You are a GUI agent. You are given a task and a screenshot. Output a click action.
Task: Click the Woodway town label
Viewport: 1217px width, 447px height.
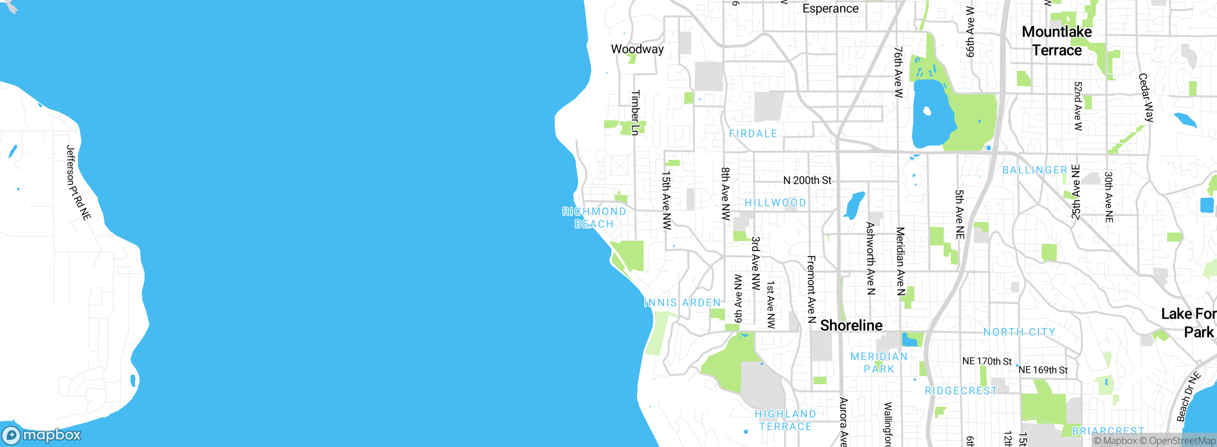click(637, 49)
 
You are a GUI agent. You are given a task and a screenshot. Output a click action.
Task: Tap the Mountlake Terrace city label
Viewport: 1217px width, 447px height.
click(1057, 41)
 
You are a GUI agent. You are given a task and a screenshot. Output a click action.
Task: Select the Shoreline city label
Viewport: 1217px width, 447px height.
click(851, 326)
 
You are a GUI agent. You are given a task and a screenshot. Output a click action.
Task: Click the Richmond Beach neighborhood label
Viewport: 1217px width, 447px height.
click(594, 218)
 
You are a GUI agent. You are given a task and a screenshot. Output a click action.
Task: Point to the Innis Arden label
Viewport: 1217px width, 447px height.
click(682, 303)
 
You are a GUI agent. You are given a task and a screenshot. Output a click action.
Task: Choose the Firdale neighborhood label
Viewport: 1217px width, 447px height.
click(753, 134)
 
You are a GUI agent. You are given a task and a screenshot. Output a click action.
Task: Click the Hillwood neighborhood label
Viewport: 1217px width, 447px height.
click(775, 203)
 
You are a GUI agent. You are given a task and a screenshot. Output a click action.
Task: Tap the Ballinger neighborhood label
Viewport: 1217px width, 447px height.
click(1034, 170)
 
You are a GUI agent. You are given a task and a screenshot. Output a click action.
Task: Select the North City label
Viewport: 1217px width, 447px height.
click(1019, 332)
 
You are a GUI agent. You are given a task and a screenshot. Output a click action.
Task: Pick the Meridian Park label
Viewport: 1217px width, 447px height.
click(879, 362)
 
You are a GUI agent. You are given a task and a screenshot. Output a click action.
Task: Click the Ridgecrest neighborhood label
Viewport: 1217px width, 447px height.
click(961, 391)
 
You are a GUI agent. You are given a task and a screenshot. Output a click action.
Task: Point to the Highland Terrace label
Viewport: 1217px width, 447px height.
click(785, 420)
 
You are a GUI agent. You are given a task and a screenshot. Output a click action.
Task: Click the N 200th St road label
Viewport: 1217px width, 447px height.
click(807, 181)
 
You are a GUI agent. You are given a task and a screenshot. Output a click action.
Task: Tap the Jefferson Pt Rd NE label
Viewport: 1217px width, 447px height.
click(78, 183)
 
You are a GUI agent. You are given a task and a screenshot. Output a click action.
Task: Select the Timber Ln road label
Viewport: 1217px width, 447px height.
click(635, 113)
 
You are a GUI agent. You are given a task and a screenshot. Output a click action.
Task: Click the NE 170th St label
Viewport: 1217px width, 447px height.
click(987, 361)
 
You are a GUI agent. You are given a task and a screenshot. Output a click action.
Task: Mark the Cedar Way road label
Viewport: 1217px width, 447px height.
click(1146, 97)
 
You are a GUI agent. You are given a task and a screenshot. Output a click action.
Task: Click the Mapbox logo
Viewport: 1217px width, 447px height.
click(42, 435)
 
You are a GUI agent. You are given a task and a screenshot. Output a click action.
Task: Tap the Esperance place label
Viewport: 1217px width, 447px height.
click(830, 9)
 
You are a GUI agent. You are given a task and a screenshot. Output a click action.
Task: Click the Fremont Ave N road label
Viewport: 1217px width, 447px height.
click(811, 289)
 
